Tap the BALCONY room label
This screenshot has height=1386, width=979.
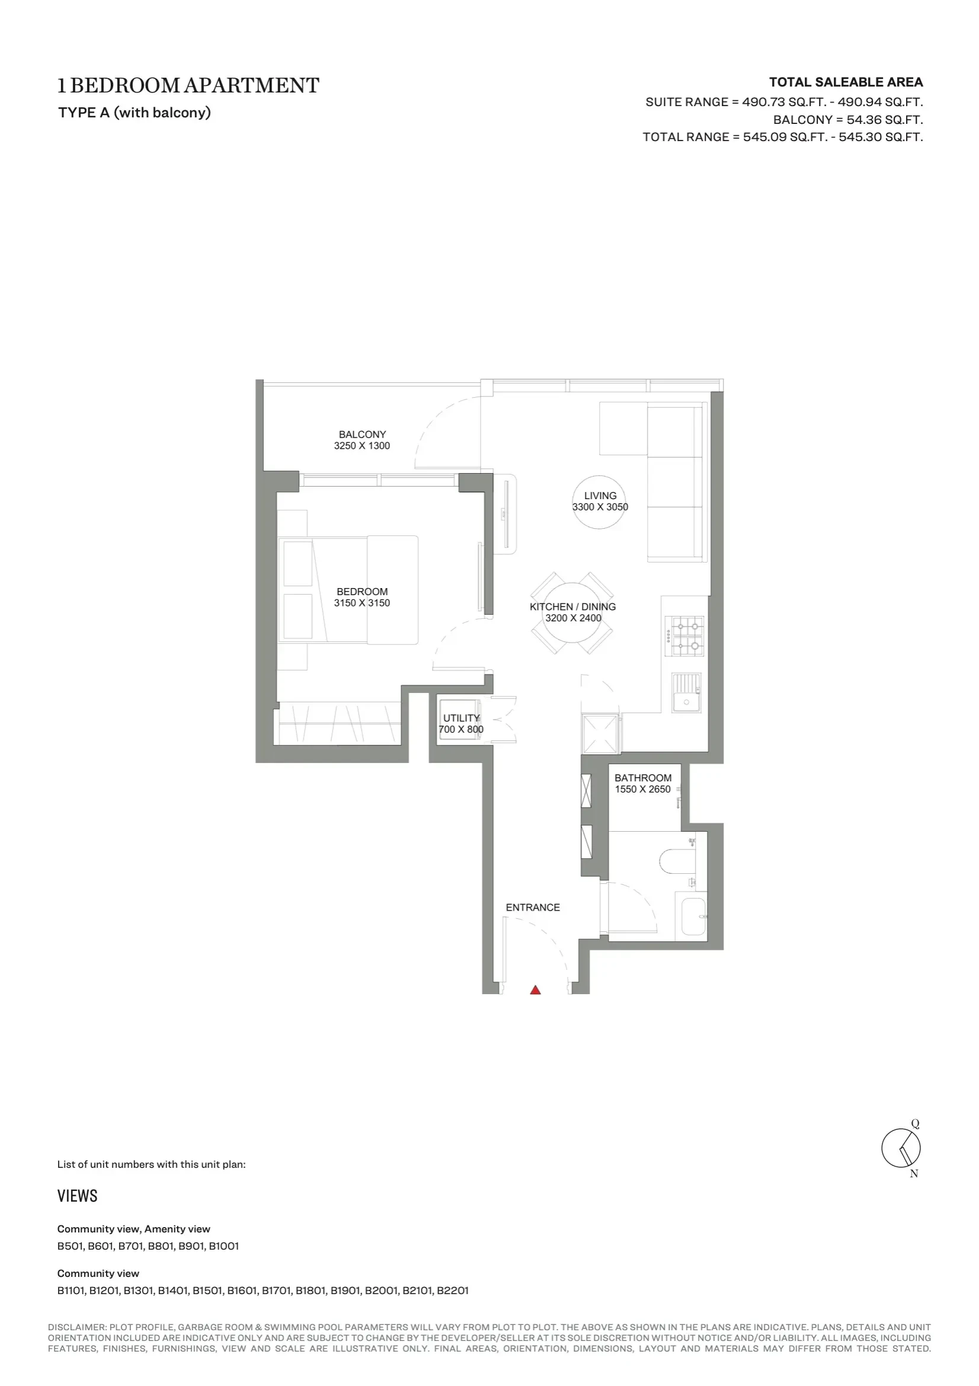pyautogui.click(x=362, y=434)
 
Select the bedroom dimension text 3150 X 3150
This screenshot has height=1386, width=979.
pyautogui.click(x=362, y=602)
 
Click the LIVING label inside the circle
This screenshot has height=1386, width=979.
pyautogui.click(x=600, y=496)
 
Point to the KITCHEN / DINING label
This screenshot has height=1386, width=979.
pyautogui.click(x=573, y=606)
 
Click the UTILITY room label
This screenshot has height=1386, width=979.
pyautogui.click(x=462, y=718)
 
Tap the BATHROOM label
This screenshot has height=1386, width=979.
pyautogui.click(x=643, y=778)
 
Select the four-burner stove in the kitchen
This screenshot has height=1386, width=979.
pyautogui.click(x=684, y=635)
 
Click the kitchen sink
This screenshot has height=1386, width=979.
pyautogui.click(x=687, y=693)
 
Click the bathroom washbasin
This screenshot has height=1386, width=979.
pyautogui.click(x=693, y=917)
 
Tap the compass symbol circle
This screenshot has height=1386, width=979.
pyautogui.click(x=901, y=1148)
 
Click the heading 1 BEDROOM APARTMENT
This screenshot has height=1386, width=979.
pyautogui.click(x=188, y=86)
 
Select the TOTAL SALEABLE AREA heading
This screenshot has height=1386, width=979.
pyautogui.click(x=846, y=82)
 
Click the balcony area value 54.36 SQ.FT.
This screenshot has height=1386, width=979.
pyautogui.click(x=885, y=120)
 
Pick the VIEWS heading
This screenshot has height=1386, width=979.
pyautogui.click(x=77, y=1196)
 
